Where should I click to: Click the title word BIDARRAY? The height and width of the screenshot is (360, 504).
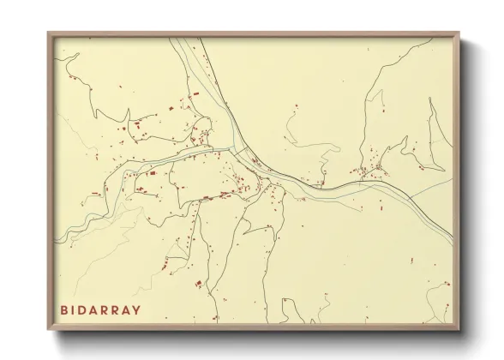click(x=100, y=309)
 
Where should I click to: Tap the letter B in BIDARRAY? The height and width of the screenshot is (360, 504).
click(x=64, y=309)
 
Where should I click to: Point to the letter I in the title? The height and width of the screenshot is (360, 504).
click(x=75, y=309)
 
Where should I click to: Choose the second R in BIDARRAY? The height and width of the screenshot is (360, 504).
click(x=117, y=309)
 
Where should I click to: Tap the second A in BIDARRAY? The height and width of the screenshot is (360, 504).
click(x=127, y=309)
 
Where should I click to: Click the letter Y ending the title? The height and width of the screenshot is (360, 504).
click(x=137, y=309)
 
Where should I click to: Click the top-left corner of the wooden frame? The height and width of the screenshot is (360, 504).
click(x=49, y=34)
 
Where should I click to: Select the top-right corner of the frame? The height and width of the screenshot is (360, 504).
click(x=458, y=34)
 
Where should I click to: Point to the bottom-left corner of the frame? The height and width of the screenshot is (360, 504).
click(x=49, y=329)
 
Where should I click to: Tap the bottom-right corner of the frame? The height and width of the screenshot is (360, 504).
click(x=458, y=329)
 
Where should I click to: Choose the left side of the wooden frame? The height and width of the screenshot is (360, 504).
click(x=50, y=180)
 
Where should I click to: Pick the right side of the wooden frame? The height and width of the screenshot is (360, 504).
click(x=457, y=180)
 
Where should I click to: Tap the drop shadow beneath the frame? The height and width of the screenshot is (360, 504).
click(x=257, y=336)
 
